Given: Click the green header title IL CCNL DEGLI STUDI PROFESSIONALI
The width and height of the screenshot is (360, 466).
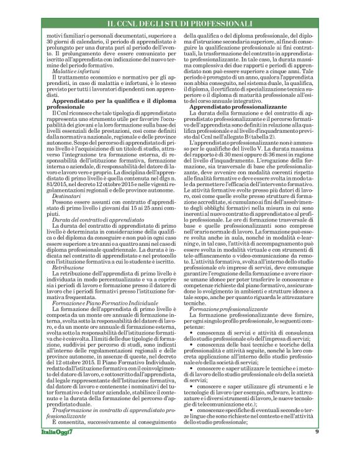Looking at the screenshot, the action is coord(180,24).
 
